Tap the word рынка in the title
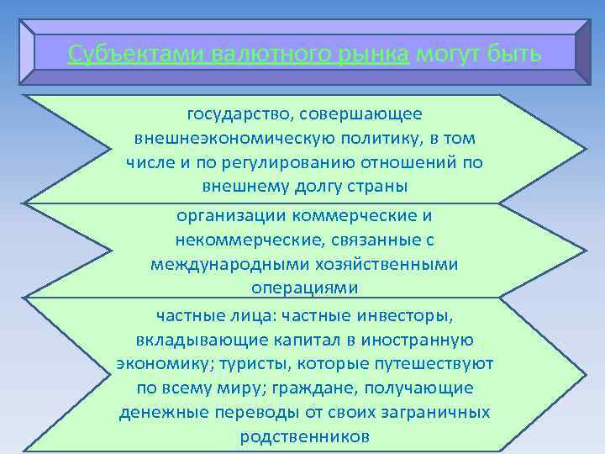click(x=368, y=55)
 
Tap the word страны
click(x=372, y=185)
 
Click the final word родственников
click(x=304, y=437)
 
